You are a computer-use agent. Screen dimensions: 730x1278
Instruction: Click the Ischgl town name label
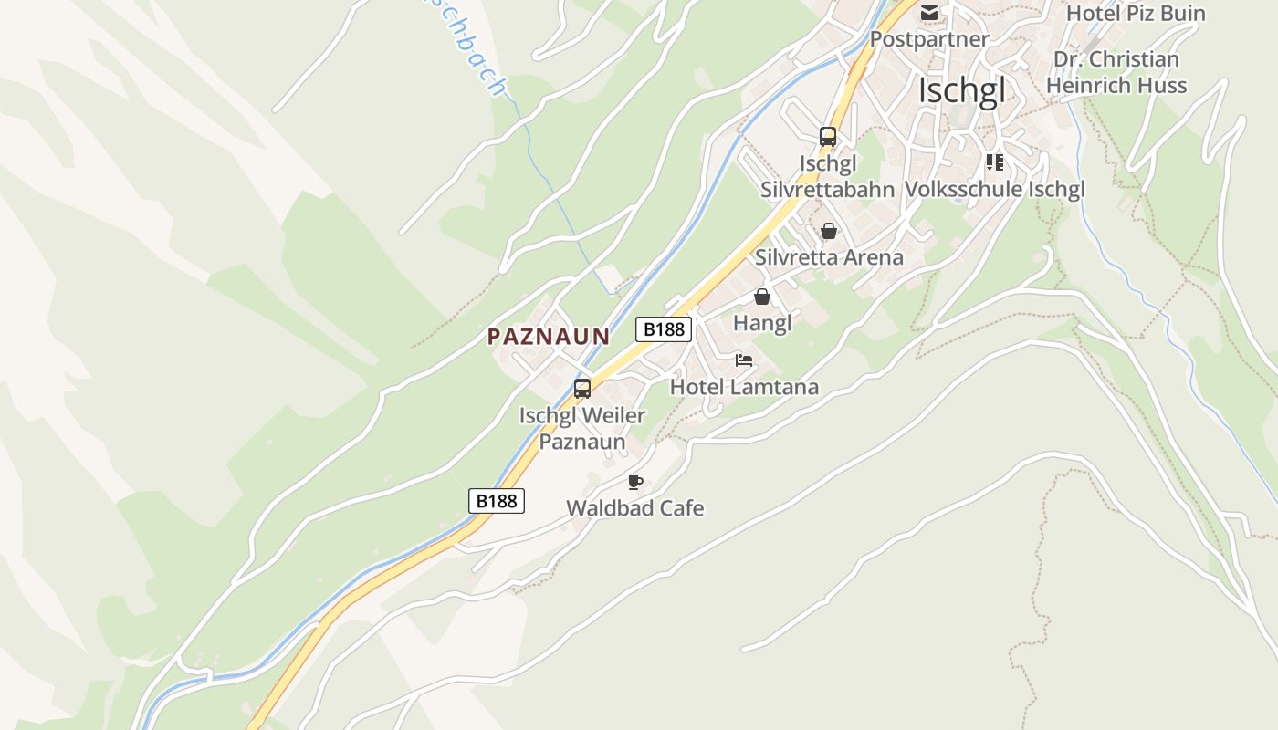[x=961, y=90]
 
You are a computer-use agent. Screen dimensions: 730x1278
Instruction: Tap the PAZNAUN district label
[x=548, y=337]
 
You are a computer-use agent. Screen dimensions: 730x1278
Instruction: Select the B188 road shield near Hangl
[x=664, y=329]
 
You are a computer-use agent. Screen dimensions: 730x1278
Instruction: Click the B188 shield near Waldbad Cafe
[x=497, y=500]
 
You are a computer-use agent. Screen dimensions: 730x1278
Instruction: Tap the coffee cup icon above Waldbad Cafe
[x=635, y=482]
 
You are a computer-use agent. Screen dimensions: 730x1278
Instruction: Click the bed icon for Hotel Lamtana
[x=744, y=360]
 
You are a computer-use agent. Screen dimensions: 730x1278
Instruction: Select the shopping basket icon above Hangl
[x=762, y=297]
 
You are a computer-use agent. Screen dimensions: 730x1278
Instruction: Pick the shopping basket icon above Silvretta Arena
[x=829, y=231]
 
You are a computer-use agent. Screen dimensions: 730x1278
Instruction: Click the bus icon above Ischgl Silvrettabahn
[x=828, y=137]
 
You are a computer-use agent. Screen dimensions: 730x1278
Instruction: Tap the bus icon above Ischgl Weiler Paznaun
[x=582, y=389]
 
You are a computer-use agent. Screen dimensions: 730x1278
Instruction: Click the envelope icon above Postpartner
[x=929, y=13]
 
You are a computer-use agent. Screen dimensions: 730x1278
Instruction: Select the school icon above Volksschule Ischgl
[x=995, y=162]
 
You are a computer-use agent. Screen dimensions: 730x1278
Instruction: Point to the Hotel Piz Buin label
[x=1136, y=14]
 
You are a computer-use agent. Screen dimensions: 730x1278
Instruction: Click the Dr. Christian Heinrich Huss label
[x=1116, y=72]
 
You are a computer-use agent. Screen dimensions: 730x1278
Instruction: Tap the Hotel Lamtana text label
[x=744, y=387]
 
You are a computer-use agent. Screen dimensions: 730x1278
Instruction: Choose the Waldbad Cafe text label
[x=635, y=508]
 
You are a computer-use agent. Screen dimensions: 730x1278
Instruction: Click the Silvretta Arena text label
[x=829, y=257]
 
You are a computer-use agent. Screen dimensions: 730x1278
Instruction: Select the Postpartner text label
[x=929, y=39]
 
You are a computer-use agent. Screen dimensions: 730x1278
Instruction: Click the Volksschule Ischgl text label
[x=995, y=190]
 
